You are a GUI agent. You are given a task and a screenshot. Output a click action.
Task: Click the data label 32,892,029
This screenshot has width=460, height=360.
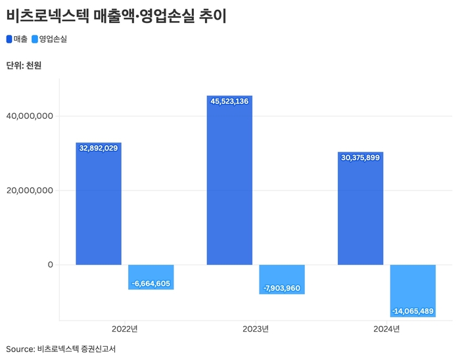click(99, 148)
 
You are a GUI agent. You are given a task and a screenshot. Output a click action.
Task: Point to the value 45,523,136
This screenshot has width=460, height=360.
click(229, 101)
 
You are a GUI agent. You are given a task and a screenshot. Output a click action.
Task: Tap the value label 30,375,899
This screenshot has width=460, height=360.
click(360, 158)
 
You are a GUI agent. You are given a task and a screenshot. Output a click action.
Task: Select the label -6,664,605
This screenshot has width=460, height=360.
click(151, 283)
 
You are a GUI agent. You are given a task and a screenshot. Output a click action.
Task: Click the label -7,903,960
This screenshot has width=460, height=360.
click(282, 288)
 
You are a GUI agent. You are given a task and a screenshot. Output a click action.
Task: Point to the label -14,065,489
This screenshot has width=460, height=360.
click(412, 311)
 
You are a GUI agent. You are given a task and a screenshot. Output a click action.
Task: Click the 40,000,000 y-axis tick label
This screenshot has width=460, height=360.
click(29, 116)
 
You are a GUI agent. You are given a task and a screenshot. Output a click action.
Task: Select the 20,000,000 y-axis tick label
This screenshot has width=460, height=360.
click(29, 191)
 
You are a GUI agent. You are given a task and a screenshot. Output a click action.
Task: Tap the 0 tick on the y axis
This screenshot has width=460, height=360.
click(49, 265)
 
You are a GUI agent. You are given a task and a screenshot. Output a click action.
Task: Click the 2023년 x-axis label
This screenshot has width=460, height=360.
click(256, 328)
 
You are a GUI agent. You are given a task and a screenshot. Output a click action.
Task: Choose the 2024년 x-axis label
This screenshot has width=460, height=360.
click(386, 328)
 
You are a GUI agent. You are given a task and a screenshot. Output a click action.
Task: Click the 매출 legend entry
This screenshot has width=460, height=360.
click(17, 39)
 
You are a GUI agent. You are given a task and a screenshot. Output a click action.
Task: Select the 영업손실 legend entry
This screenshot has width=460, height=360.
click(49, 39)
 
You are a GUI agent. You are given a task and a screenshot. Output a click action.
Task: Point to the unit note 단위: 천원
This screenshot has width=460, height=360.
click(24, 65)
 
